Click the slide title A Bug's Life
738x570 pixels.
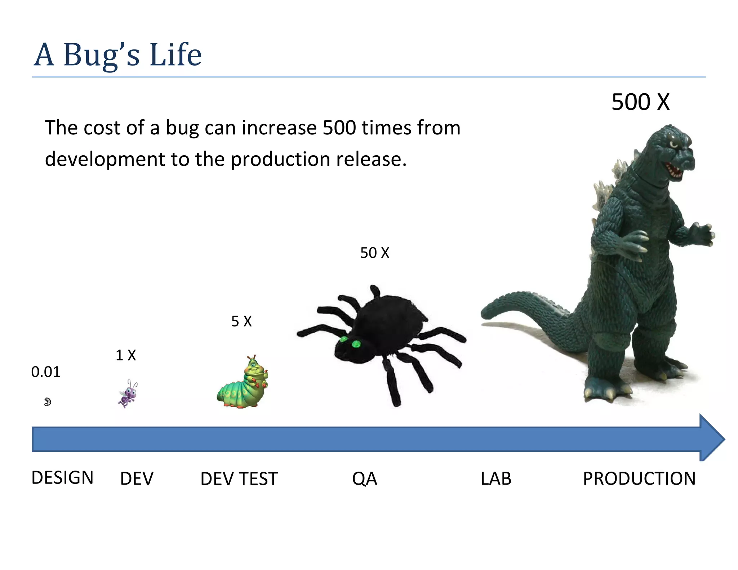coord(117,55)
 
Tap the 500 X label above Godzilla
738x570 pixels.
coord(640,102)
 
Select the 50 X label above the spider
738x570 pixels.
coord(375,253)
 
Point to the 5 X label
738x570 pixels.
coord(241,321)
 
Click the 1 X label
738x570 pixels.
coord(125,356)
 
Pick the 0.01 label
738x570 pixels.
coord(45,372)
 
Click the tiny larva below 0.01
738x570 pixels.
coord(48,402)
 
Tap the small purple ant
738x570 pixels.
coord(128,394)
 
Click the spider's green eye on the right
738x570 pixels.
coord(356,344)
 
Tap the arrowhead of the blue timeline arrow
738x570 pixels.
coord(712,438)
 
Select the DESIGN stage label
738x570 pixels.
coord(62,478)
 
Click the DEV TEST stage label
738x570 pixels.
coord(239,479)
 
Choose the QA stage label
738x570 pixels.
coord(364,479)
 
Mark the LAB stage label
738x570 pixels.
coord(496,479)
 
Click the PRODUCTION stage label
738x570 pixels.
coord(639,479)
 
